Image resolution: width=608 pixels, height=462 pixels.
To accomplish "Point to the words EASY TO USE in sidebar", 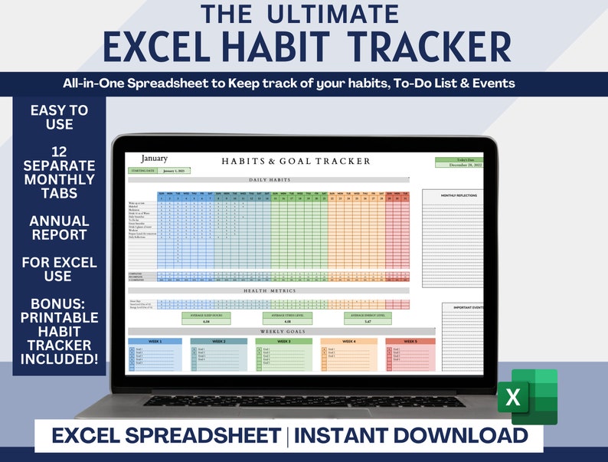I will click(x=59, y=116).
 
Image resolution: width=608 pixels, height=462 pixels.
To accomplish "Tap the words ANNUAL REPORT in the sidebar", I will click(x=59, y=229).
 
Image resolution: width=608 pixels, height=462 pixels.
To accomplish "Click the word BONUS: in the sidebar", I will click(x=59, y=296).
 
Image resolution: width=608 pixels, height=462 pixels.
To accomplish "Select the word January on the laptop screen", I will click(x=154, y=159).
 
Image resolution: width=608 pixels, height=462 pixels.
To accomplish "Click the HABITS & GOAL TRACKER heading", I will click(x=296, y=161).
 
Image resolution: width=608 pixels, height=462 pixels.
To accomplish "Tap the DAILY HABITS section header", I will click(x=268, y=179).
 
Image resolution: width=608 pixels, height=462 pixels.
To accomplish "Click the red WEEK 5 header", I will click(x=410, y=341).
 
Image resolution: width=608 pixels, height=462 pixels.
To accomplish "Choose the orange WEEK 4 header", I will click(x=348, y=341).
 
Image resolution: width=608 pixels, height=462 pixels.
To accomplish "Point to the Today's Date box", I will click(x=459, y=162).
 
